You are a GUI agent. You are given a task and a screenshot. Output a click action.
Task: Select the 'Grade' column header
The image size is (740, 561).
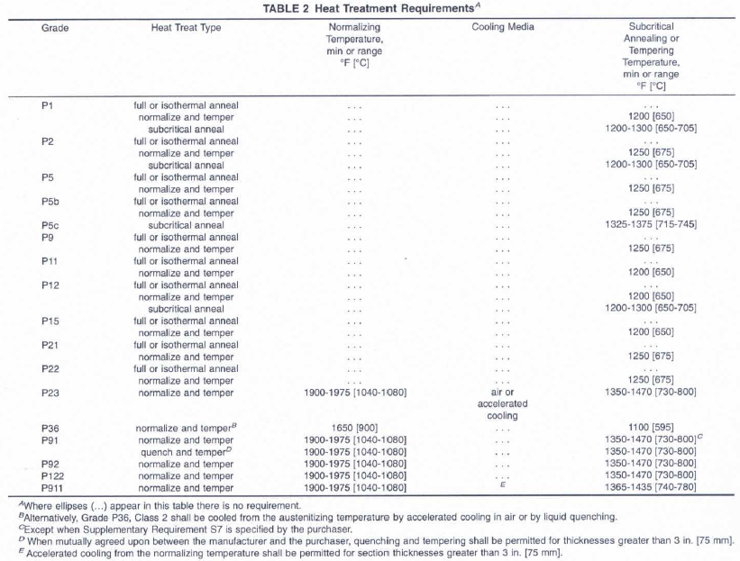(55, 27)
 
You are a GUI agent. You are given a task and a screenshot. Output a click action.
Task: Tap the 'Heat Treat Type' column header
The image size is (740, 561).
(187, 27)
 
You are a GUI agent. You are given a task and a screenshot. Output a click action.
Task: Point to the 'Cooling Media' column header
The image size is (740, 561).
(502, 27)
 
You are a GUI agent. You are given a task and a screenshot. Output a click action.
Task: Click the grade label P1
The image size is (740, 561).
(48, 105)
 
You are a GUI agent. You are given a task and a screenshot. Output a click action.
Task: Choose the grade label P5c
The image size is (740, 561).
(51, 224)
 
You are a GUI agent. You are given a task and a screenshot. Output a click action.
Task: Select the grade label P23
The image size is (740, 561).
(51, 392)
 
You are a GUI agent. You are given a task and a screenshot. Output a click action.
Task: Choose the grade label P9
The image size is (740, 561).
(48, 237)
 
